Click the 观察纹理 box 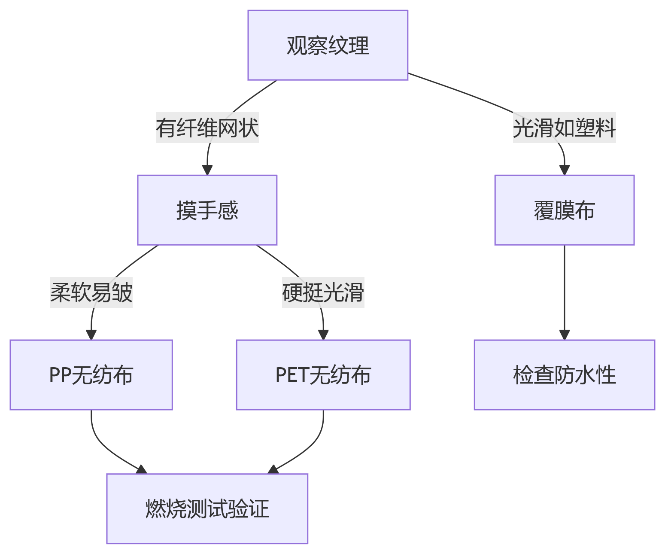328,45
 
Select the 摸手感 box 207,210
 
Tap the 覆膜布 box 564,210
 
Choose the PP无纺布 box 91,375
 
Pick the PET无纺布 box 323,375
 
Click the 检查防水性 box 564,375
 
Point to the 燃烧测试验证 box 207,508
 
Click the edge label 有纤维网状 207,128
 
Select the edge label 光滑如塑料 564,128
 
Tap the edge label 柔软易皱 91,292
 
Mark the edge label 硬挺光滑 323,292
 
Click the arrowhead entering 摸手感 207,170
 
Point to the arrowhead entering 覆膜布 564,170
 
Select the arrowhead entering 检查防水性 564,335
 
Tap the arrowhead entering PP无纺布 91,335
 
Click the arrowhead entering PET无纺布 323,335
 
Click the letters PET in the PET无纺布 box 292,375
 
